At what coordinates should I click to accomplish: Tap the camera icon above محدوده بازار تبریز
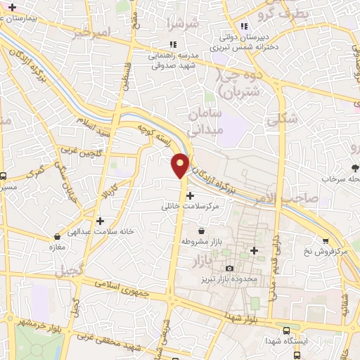[x=229, y=269]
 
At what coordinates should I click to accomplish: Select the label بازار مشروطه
[x=202, y=241]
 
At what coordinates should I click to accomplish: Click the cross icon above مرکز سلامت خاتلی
[x=191, y=195]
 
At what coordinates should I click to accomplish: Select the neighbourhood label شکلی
[x=281, y=120]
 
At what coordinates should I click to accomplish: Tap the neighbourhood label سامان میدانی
[x=206, y=121]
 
